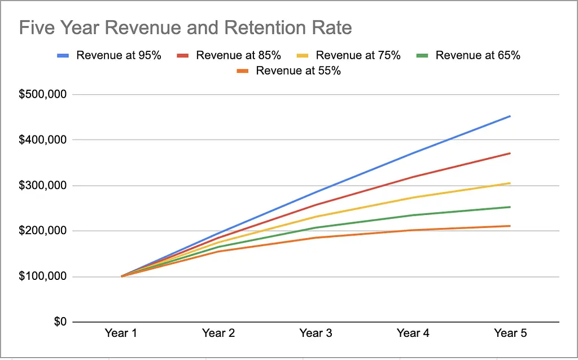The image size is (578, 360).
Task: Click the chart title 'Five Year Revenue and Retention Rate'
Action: (185, 28)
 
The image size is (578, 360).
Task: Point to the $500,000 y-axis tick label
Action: (43, 94)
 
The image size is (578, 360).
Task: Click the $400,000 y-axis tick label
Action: (43, 140)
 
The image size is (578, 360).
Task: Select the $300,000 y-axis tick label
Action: (43, 185)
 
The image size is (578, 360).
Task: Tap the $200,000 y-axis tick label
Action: (43, 231)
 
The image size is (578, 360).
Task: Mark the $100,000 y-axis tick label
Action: (43, 276)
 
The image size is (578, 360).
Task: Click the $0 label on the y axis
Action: (60, 322)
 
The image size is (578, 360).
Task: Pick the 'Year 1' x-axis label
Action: (121, 333)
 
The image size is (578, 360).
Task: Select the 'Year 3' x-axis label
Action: (316, 333)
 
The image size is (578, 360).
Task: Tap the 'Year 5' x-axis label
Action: (510, 333)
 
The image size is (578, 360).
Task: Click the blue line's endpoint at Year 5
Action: (510, 116)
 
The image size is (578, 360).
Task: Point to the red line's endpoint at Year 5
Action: (510, 153)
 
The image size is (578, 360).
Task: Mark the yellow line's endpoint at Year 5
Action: (510, 183)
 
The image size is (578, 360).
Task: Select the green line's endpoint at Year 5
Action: (510, 207)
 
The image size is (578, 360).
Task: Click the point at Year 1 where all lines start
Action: (122, 276)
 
